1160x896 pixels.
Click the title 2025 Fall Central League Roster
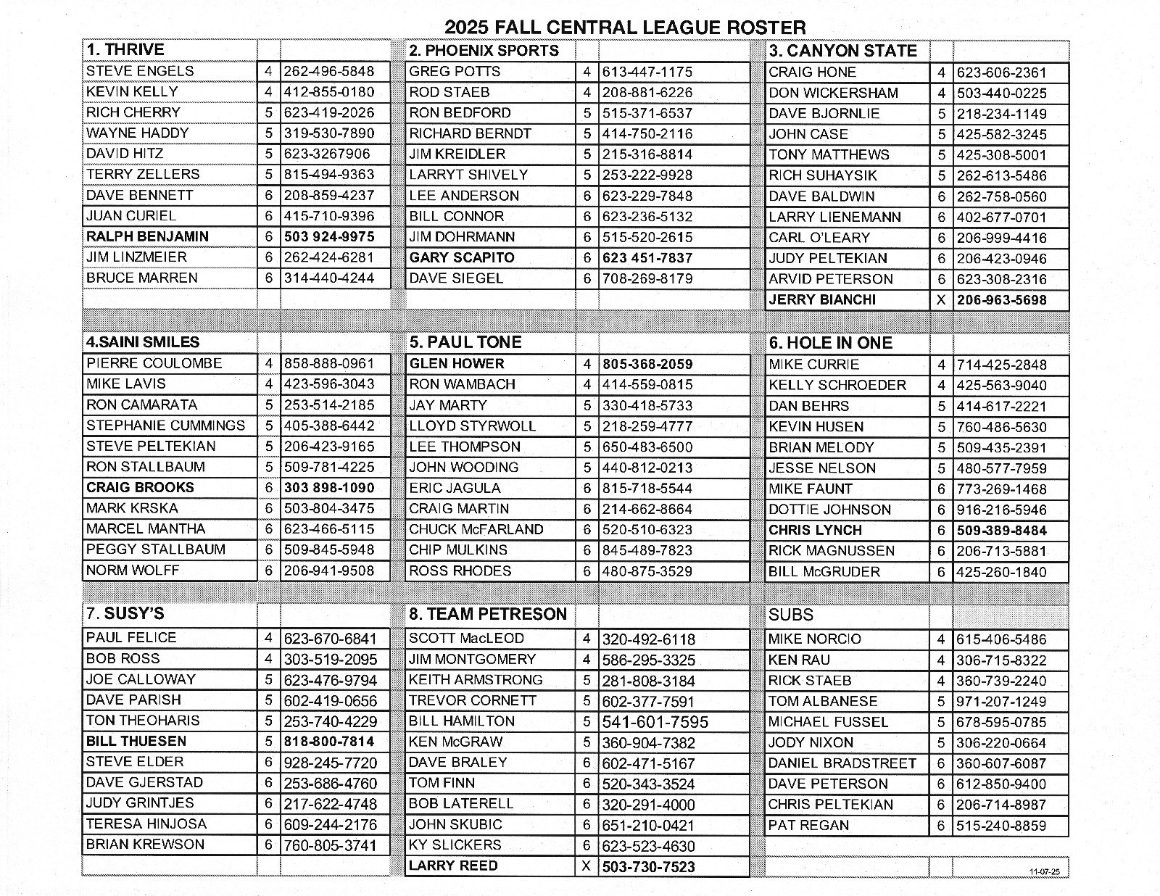(x=624, y=28)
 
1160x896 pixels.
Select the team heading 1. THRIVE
(x=125, y=50)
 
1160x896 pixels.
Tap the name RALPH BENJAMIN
(x=147, y=236)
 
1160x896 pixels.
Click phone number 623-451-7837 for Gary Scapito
(x=647, y=257)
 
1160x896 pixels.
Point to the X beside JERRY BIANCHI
(x=941, y=300)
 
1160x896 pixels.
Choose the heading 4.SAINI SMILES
(x=143, y=342)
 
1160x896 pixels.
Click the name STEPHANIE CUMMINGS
(x=165, y=426)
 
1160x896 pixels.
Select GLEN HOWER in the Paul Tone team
(x=456, y=364)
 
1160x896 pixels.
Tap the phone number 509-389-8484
(x=1001, y=531)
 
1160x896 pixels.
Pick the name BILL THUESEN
(x=136, y=741)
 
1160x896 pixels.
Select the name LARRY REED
(x=453, y=866)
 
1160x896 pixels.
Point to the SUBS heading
(x=791, y=615)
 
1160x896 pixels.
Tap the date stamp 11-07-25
(x=1044, y=871)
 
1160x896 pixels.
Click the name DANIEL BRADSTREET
(x=842, y=763)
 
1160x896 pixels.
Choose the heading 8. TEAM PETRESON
(x=488, y=615)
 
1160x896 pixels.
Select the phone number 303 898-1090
(x=329, y=488)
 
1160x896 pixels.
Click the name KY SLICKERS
(x=455, y=845)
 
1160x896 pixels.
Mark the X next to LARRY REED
(x=587, y=866)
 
